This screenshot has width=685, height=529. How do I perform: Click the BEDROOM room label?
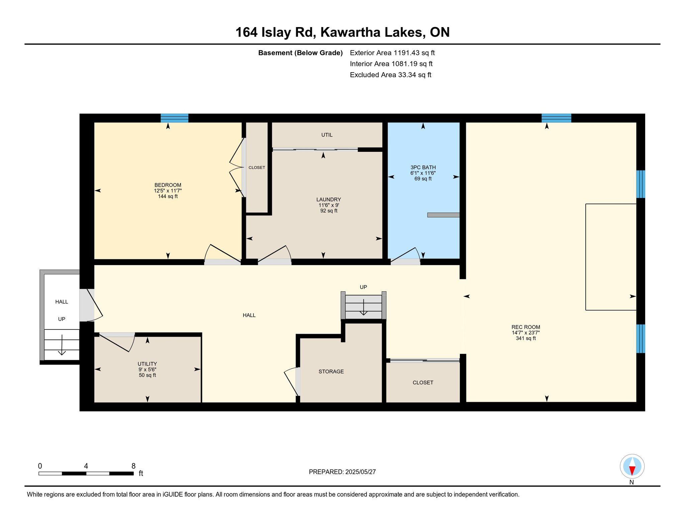click(x=168, y=185)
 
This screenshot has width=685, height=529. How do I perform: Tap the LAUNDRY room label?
click(x=328, y=199)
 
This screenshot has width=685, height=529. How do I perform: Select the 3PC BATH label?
click(x=423, y=167)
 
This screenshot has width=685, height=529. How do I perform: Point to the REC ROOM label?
click(x=525, y=327)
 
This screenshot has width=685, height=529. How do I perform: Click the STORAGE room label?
click(x=331, y=372)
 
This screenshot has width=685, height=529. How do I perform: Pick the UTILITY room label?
click(x=147, y=364)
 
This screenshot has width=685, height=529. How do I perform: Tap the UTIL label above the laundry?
click(x=327, y=135)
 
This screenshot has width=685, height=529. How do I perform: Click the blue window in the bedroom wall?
click(x=174, y=118)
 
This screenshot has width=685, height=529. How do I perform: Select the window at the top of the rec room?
click(x=556, y=118)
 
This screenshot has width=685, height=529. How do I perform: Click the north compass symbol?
click(x=632, y=467)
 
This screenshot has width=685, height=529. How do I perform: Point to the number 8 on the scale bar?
click(x=133, y=466)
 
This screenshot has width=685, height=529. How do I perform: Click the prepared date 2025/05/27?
click(x=361, y=472)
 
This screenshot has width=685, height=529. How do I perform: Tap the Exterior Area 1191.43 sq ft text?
click(x=392, y=53)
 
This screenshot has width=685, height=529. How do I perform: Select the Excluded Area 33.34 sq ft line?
click(x=390, y=75)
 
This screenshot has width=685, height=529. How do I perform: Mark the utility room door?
click(x=117, y=342)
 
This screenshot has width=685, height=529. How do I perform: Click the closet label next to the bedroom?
click(x=257, y=168)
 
